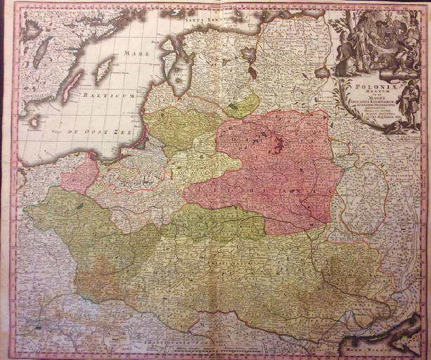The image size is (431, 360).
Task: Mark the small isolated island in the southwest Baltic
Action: coord(33,123)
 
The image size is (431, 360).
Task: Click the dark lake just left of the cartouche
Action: coord(323,72)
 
